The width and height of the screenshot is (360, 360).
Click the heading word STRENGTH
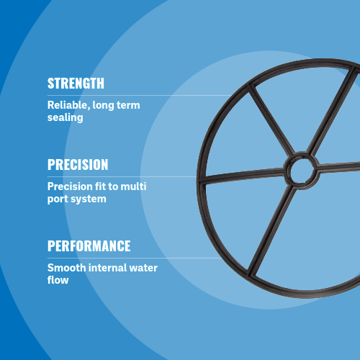76,83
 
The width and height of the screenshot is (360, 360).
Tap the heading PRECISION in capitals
78,165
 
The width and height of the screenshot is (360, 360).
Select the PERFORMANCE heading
89,246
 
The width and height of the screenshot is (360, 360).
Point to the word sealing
66,117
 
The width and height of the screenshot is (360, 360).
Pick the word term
127,105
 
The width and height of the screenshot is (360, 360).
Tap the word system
87,199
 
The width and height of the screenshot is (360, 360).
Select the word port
58,199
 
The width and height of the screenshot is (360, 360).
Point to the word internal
109,268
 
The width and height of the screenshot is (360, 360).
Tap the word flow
58,280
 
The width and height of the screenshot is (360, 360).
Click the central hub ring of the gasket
299,171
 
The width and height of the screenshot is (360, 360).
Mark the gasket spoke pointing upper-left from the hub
271,122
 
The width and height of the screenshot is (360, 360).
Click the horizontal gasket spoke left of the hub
241,175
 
